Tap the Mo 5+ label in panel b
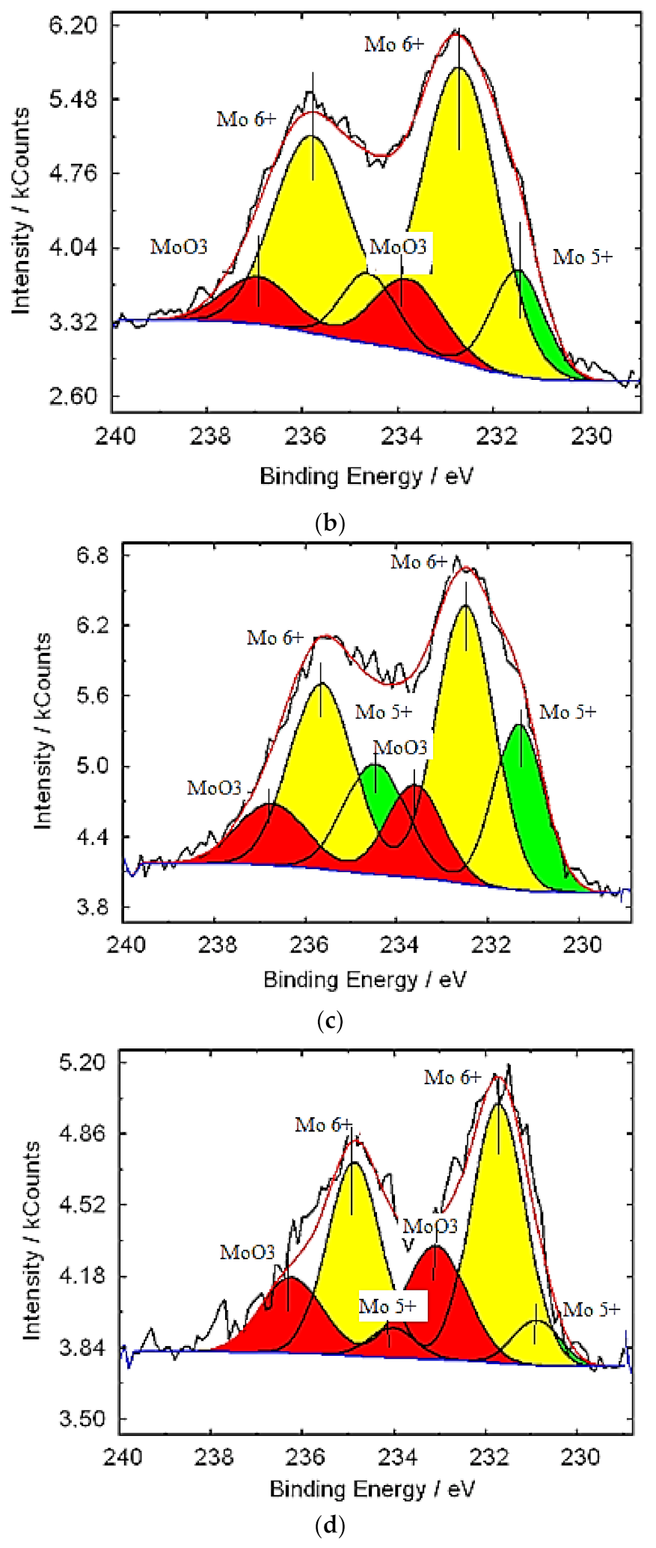click(x=583, y=257)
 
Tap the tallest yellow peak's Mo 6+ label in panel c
click(x=418, y=562)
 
